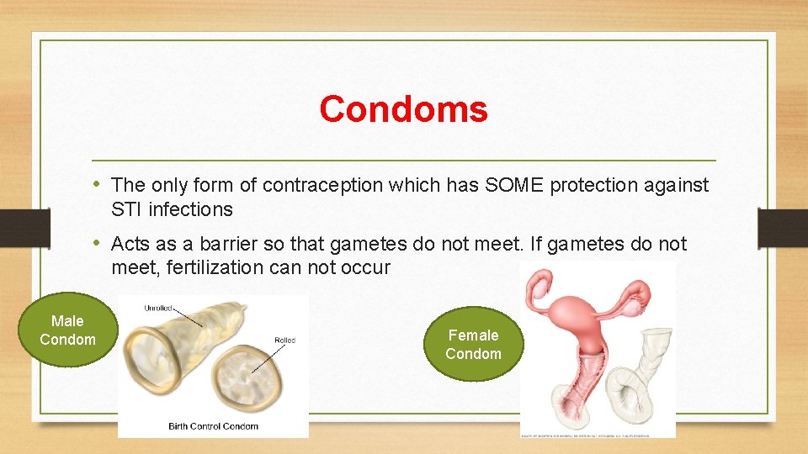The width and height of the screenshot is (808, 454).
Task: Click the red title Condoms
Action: pyautogui.click(x=403, y=108)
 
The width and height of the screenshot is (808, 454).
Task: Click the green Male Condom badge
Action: pyautogui.click(x=67, y=330)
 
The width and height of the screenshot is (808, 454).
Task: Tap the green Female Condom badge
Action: pyautogui.click(x=473, y=344)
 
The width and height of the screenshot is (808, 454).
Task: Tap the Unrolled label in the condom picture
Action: pyautogui.click(x=158, y=308)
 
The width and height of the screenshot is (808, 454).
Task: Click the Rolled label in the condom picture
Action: pyautogui.click(x=284, y=340)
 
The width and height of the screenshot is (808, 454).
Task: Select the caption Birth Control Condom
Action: pyautogui.click(x=212, y=426)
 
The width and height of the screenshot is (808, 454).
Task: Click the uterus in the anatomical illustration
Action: pyautogui.click(x=581, y=307)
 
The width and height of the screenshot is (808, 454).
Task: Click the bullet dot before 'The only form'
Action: pyautogui.click(x=98, y=184)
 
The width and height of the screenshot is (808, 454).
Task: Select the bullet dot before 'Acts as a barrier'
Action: pyautogui.click(x=98, y=244)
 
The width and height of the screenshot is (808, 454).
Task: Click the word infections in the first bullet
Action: pyautogui.click(x=190, y=209)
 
